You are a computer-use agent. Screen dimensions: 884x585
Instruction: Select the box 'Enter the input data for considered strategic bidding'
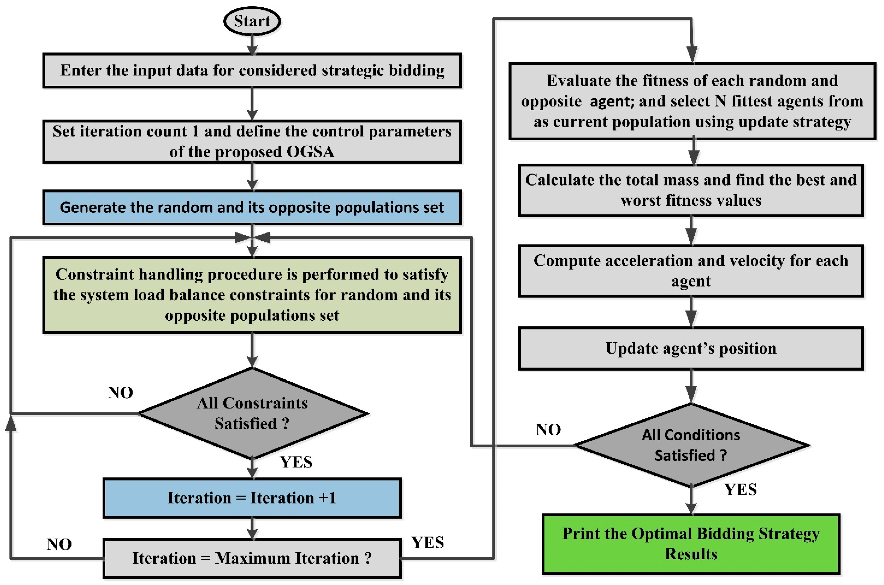252,70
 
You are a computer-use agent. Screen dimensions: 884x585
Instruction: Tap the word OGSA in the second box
311,152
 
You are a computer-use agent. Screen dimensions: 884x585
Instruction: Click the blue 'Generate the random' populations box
252,207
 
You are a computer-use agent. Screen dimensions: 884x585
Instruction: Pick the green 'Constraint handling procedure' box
252,295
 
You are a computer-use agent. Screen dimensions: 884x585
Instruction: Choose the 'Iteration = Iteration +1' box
252,498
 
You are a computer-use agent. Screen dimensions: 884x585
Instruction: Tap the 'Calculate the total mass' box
691,190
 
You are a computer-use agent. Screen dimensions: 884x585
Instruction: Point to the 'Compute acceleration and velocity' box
691,271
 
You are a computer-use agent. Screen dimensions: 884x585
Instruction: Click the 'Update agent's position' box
691,349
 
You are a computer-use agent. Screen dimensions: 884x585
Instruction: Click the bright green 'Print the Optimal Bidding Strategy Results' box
691,544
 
